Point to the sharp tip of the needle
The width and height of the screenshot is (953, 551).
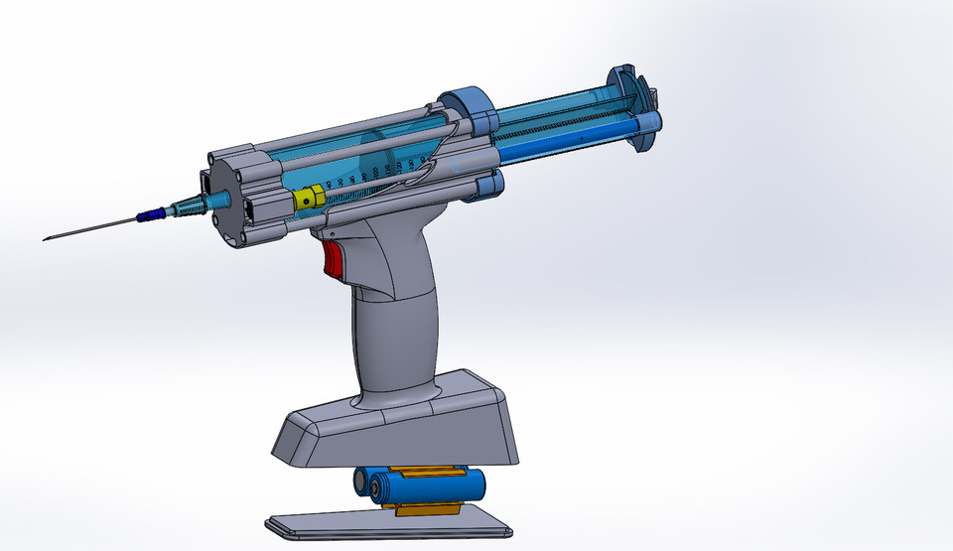click(x=46, y=238)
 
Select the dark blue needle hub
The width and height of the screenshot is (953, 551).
click(x=150, y=213)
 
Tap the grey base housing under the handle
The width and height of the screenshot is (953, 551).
click(x=397, y=422)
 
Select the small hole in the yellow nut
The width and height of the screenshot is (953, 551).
click(x=309, y=201)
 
